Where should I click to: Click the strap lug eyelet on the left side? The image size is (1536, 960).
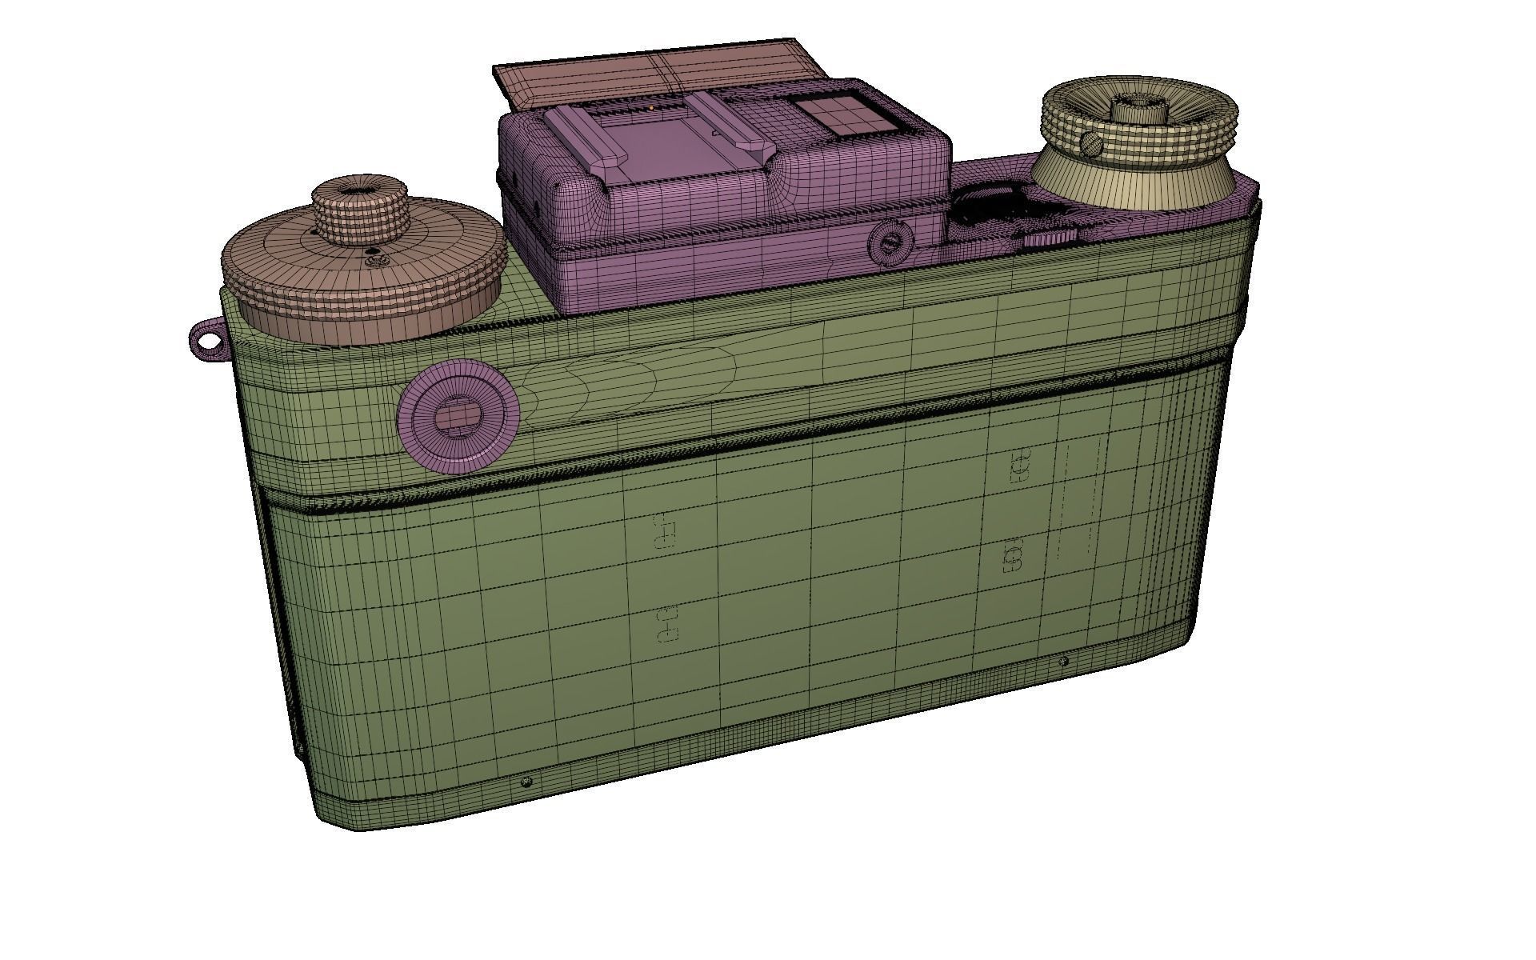tap(207, 342)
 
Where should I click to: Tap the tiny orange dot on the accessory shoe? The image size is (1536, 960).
tap(652, 107)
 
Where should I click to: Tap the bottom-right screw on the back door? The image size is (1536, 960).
tap(1062, 662)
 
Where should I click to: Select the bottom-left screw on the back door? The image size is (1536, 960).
tap(526, 781)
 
